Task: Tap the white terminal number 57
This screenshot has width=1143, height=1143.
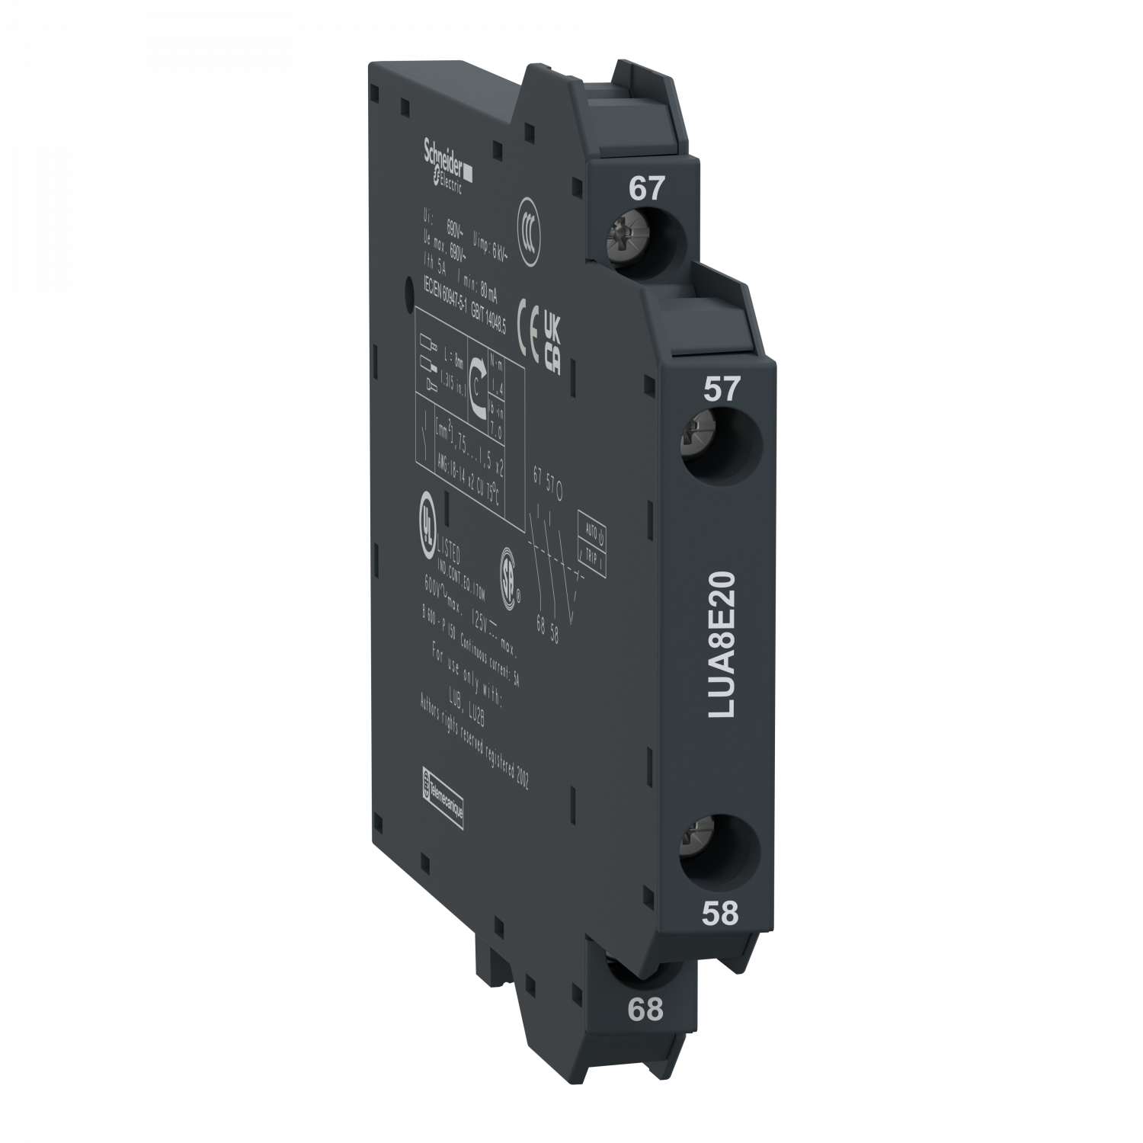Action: point(721,389)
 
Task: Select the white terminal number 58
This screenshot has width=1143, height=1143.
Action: point(720,913)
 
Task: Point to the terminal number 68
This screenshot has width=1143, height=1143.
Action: point(645,1010)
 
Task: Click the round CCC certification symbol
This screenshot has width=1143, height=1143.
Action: point(526,224)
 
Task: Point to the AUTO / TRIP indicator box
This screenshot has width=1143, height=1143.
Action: point(591,539)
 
